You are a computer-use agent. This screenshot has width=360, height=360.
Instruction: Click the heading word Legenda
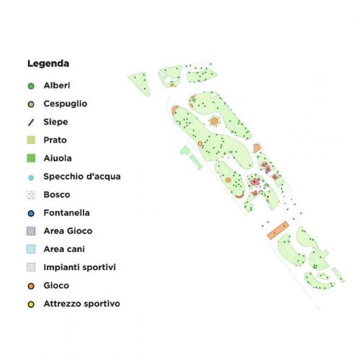(48, 63)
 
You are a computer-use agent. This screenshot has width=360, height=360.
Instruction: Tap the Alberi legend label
(57, 86)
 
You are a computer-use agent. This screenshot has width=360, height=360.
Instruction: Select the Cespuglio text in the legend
(66, 104)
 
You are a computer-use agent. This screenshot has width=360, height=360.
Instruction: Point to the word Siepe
(55, 122)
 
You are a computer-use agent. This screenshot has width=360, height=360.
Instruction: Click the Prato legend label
(55, 140)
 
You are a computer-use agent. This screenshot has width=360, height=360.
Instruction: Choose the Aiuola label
(58, 158)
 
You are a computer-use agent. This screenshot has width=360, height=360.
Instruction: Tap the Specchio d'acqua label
(82, 176)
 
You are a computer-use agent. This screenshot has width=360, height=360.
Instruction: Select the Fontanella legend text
(68, 212)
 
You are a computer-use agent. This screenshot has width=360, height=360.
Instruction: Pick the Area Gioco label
(68, 231)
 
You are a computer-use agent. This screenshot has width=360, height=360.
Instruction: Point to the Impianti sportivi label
(80, 267)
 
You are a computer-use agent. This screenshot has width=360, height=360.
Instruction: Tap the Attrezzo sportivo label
(81, 304)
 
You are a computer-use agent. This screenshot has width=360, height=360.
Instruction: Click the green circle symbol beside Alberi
(31, 86)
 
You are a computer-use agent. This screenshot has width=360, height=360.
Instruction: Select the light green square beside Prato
(31, 140)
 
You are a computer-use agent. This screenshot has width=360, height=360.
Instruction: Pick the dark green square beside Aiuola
(31, 158)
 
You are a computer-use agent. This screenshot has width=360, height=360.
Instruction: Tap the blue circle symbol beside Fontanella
(31, 213)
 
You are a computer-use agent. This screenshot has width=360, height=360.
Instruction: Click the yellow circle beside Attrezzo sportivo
(31, 304)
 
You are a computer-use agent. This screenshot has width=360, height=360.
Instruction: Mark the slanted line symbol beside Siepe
(31, 122)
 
